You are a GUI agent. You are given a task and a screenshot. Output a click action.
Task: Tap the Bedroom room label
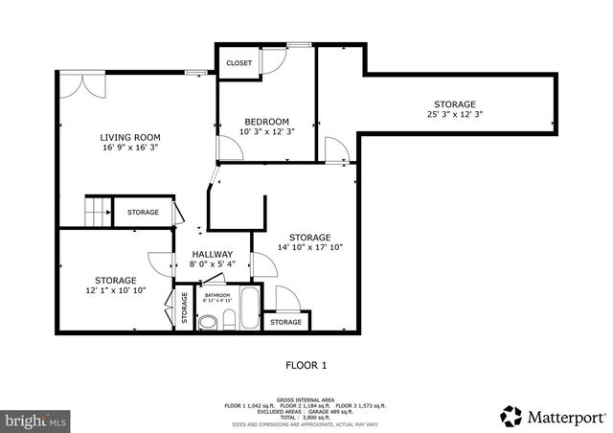point(266,122)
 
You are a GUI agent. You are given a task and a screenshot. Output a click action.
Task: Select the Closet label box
point(238,63)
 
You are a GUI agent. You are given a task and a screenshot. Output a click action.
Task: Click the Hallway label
point(211,254)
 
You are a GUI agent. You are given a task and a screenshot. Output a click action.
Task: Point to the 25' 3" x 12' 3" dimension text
point(454,115)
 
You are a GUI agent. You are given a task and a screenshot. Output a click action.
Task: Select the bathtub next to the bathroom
point(248,309)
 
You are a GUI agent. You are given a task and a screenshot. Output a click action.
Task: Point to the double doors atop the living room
point(83,84)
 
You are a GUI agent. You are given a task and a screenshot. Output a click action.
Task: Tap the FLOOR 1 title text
point(306,365)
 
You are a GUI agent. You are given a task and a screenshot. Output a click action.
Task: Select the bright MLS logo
point(35,420)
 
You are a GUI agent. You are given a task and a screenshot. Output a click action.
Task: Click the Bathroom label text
point(217,295)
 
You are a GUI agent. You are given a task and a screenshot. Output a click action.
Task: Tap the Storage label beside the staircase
point(143,212)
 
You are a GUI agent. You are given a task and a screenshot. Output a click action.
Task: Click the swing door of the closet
point(271,60)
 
